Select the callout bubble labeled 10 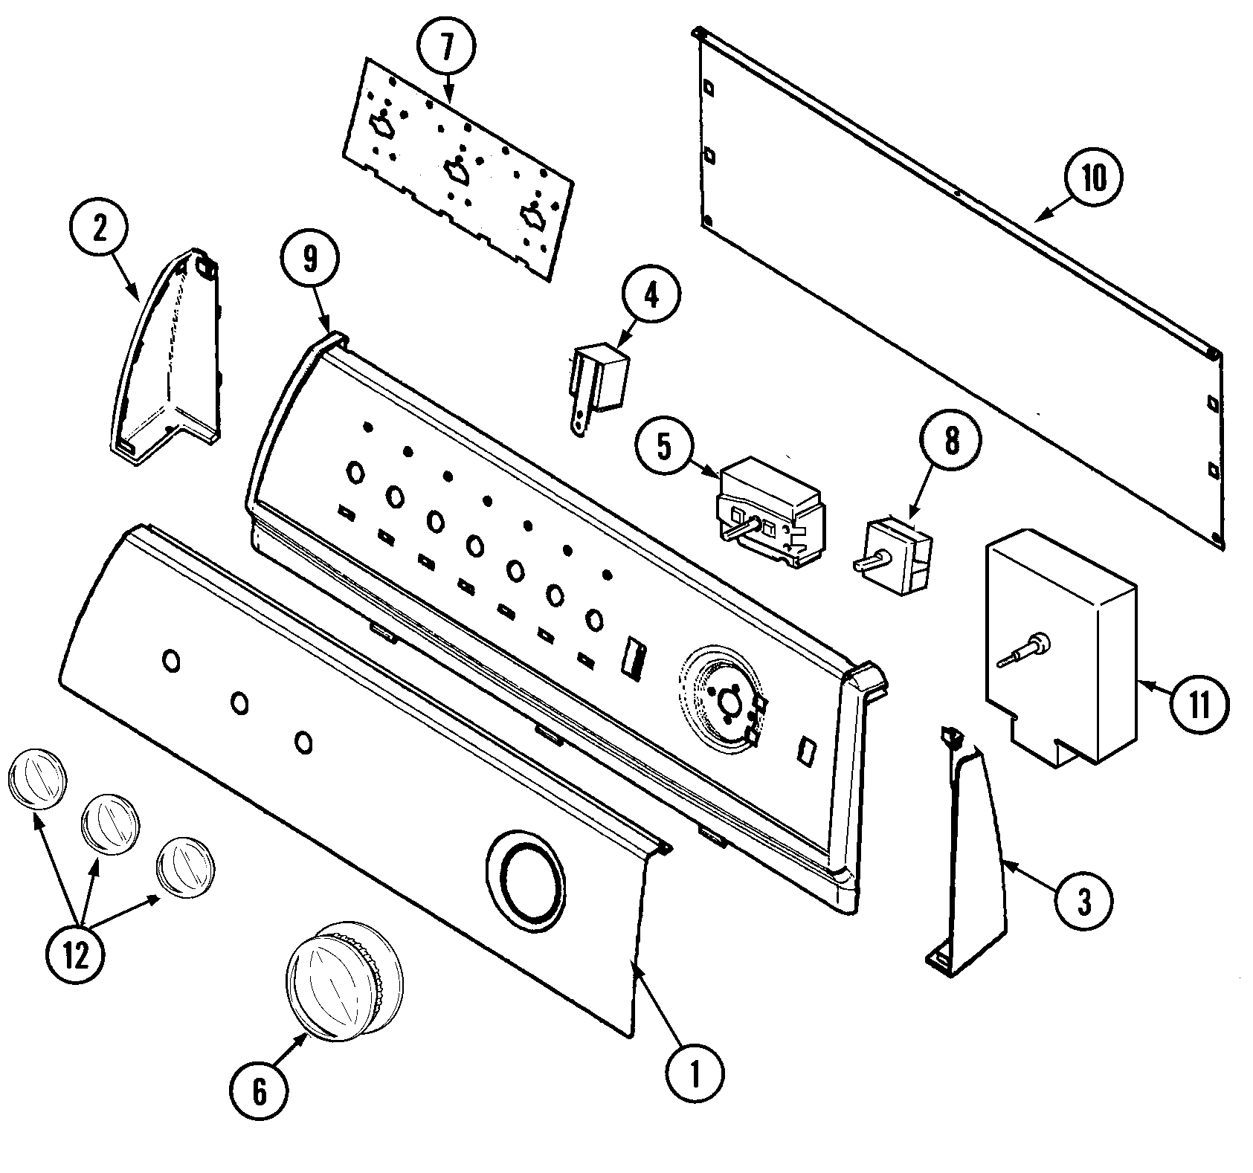pos(1093,178)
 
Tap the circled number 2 pos(99,228)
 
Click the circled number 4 pos(650,296)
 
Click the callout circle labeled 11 pos(1199,702)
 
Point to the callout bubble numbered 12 pos(75,955)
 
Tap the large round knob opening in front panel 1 pos(528,871)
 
